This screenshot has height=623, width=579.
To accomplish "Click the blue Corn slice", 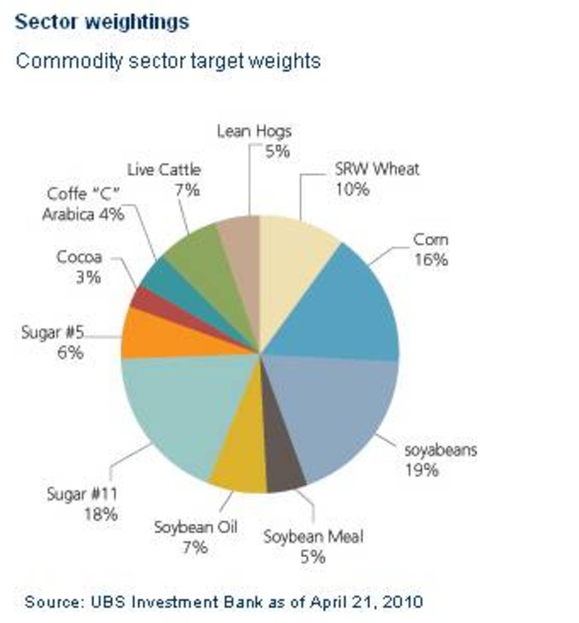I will tap(343, 306).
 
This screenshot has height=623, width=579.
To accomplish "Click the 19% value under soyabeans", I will tap(422, 470).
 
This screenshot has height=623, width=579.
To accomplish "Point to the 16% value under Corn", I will tap(431, 260).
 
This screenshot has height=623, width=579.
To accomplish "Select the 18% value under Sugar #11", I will tap(101, 514).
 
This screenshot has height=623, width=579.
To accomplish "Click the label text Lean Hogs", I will tap(254, 131).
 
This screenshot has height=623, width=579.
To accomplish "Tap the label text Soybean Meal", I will tap(313, 536).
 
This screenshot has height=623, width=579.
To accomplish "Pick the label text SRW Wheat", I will tap(377, 169).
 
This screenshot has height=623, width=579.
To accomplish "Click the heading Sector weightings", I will tap(102, 22).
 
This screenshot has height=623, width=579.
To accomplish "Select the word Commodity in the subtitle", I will tap(69, 61).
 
